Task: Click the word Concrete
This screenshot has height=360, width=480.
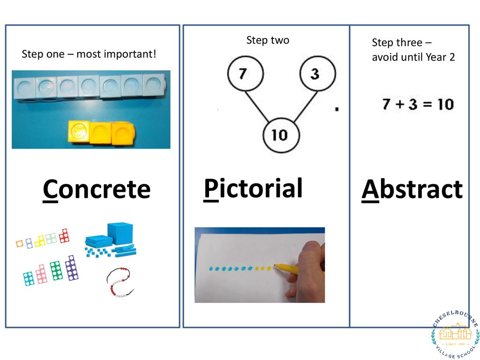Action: click(x=97, y=189)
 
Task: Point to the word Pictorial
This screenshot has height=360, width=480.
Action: click(x=253, y=189)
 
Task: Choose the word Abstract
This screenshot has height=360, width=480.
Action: click(x=412, y=189)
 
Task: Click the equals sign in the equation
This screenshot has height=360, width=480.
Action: click(x=427, y=105)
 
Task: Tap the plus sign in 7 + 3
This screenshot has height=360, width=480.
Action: click(x=400, y=105)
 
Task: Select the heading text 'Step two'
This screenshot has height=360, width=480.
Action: click(x=268, y=40)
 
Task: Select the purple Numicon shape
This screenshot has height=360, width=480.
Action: click(x=72, y=268)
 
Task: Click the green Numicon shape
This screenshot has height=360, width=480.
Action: click(x=56, y=271)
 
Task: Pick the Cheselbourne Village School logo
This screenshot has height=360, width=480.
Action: click(x=455, y=334)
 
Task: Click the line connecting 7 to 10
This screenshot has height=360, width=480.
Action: click(x=257, y=106)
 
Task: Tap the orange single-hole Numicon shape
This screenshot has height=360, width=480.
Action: click(x=20, y=244)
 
